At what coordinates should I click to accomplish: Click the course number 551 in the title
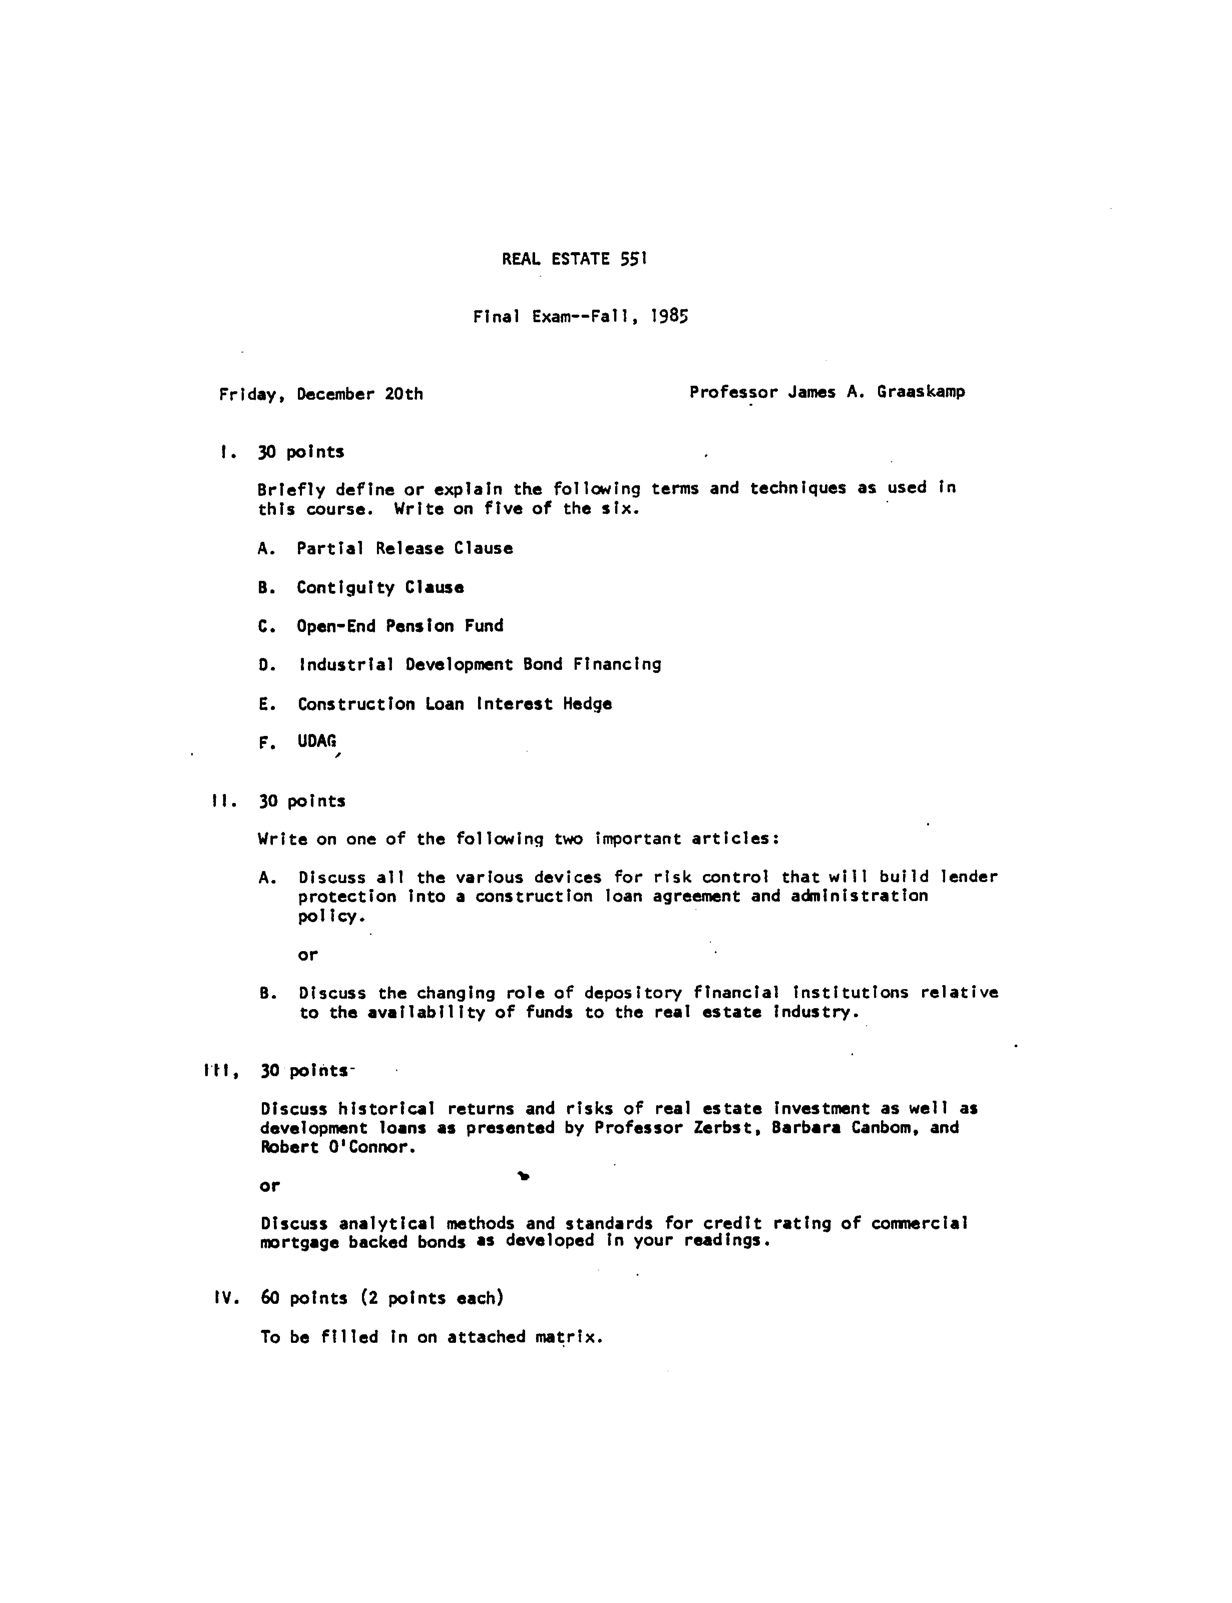633,259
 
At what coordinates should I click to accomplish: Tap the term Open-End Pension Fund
400,626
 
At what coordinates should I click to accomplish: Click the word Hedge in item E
587,704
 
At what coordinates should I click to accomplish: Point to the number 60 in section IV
270,1298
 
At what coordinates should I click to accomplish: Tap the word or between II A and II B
307,955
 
